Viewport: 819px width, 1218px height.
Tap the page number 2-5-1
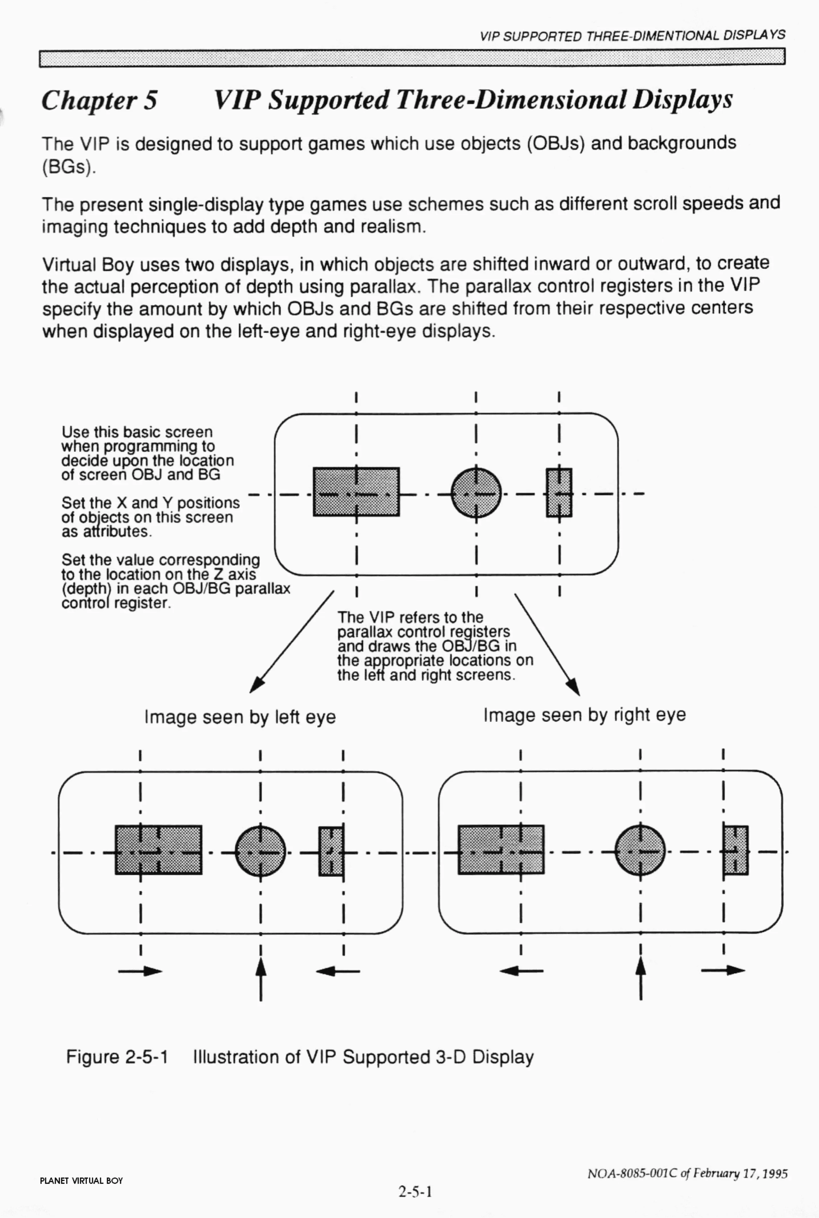pyautogui.click(x=415, y=1191)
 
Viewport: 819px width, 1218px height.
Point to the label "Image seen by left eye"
pyautogui.click(x=240, y=717)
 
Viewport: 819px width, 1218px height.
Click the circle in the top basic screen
pyautogui.click(x=476, y=492)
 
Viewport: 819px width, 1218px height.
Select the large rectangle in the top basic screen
pyautogui.click(x=356, y=492)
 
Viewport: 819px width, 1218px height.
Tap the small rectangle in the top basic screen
pyautogui.click(x=559, y=492)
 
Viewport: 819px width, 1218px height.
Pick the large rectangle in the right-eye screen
pyautogui.click(x=501, y=849)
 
